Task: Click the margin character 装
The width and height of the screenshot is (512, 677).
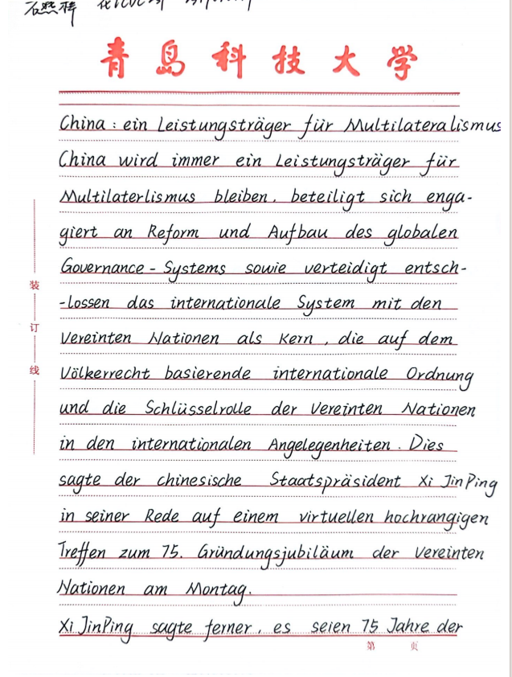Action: click(x=34, y=285)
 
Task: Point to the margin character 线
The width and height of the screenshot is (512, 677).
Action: click(x=34, y=371)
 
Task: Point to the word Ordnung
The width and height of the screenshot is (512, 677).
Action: click(x=439, y=375)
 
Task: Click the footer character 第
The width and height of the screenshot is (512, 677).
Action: click(x=371, y=646)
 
